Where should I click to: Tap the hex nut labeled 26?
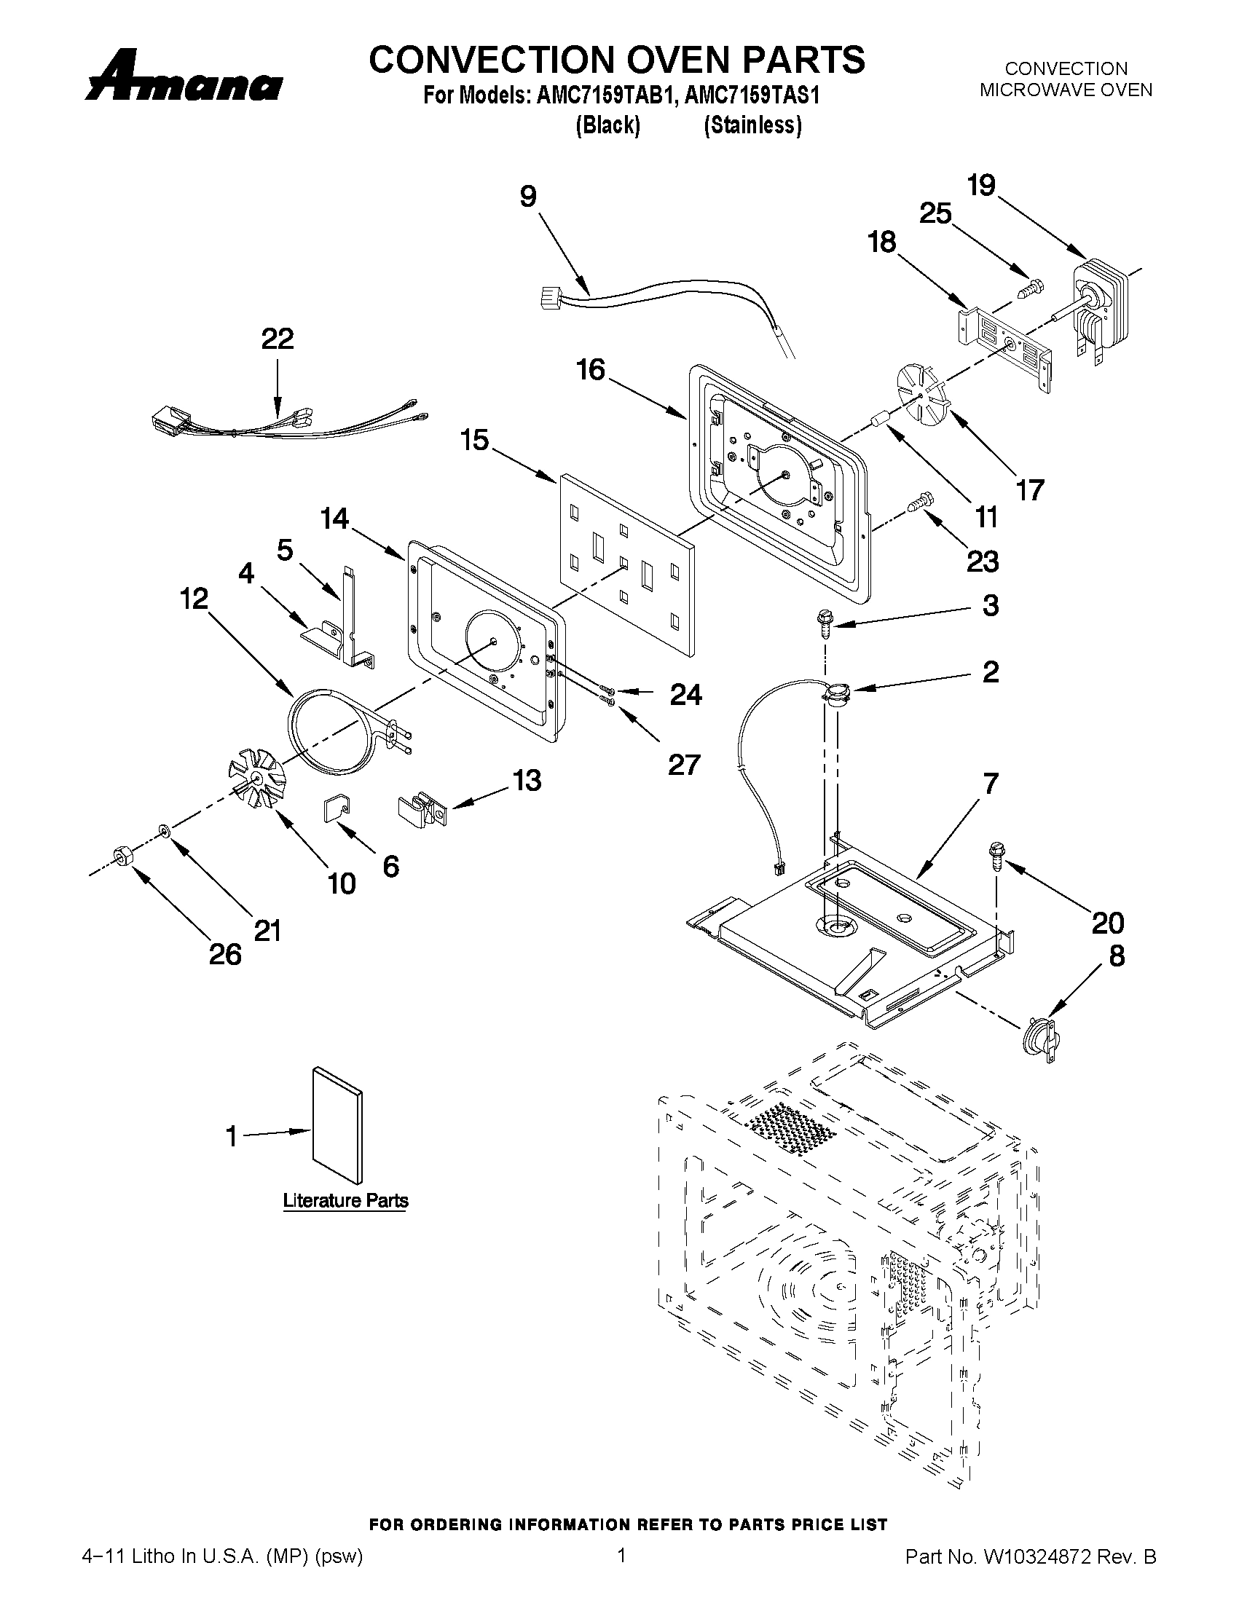(122, 856)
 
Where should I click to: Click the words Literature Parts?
(345, 1201)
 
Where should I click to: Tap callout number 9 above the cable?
(529, 196)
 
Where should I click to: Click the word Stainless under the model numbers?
(752, 125)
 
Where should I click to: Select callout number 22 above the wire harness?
(278, 339)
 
